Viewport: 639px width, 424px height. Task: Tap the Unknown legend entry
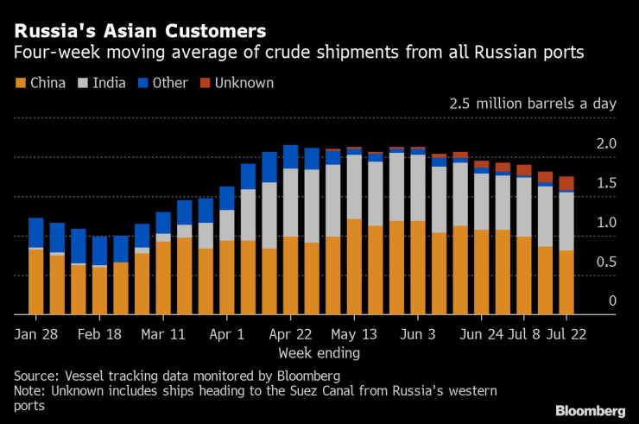pyautogui.click(x=236, y=84)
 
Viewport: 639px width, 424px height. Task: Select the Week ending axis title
pyautogui.click(x=319, y=353)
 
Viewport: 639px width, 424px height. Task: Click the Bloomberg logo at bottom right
pyautogui.click(x=590, y=409)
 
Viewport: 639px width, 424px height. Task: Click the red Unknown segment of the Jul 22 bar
pyautogui.click(x=566, y=183)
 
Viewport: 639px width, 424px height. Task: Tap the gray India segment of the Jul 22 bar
pyautogui.click(x=566, y=221)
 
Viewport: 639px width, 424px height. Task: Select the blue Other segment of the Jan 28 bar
pyautogui.click(x=35, y=232)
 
